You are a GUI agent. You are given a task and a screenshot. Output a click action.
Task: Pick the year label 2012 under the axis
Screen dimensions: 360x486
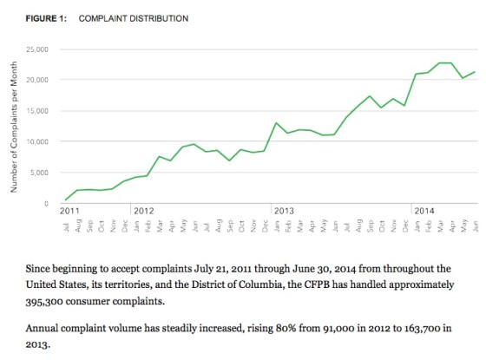coord(143,211)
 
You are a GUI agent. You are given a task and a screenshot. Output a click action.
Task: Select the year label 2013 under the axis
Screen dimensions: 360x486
coord(283,211)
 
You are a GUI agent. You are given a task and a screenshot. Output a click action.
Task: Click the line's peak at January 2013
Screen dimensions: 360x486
coord(276,123)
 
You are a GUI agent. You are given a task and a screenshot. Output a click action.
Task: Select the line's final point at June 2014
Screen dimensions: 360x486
coord(474,72)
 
